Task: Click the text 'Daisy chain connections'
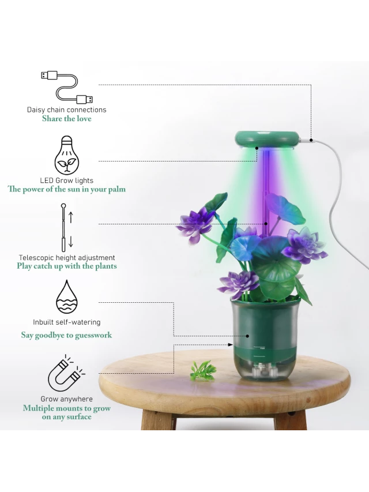coord(67,110)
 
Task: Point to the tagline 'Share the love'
coord(67,119)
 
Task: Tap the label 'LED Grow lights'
coord(67,181)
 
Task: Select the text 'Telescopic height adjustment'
coord(67,258)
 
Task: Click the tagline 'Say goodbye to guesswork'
coord(67,335)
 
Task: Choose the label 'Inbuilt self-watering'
coord(67,322)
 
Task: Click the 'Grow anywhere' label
coord(67,399)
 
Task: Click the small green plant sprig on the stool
coord(203,369)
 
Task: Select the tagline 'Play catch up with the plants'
coord(67,266)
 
